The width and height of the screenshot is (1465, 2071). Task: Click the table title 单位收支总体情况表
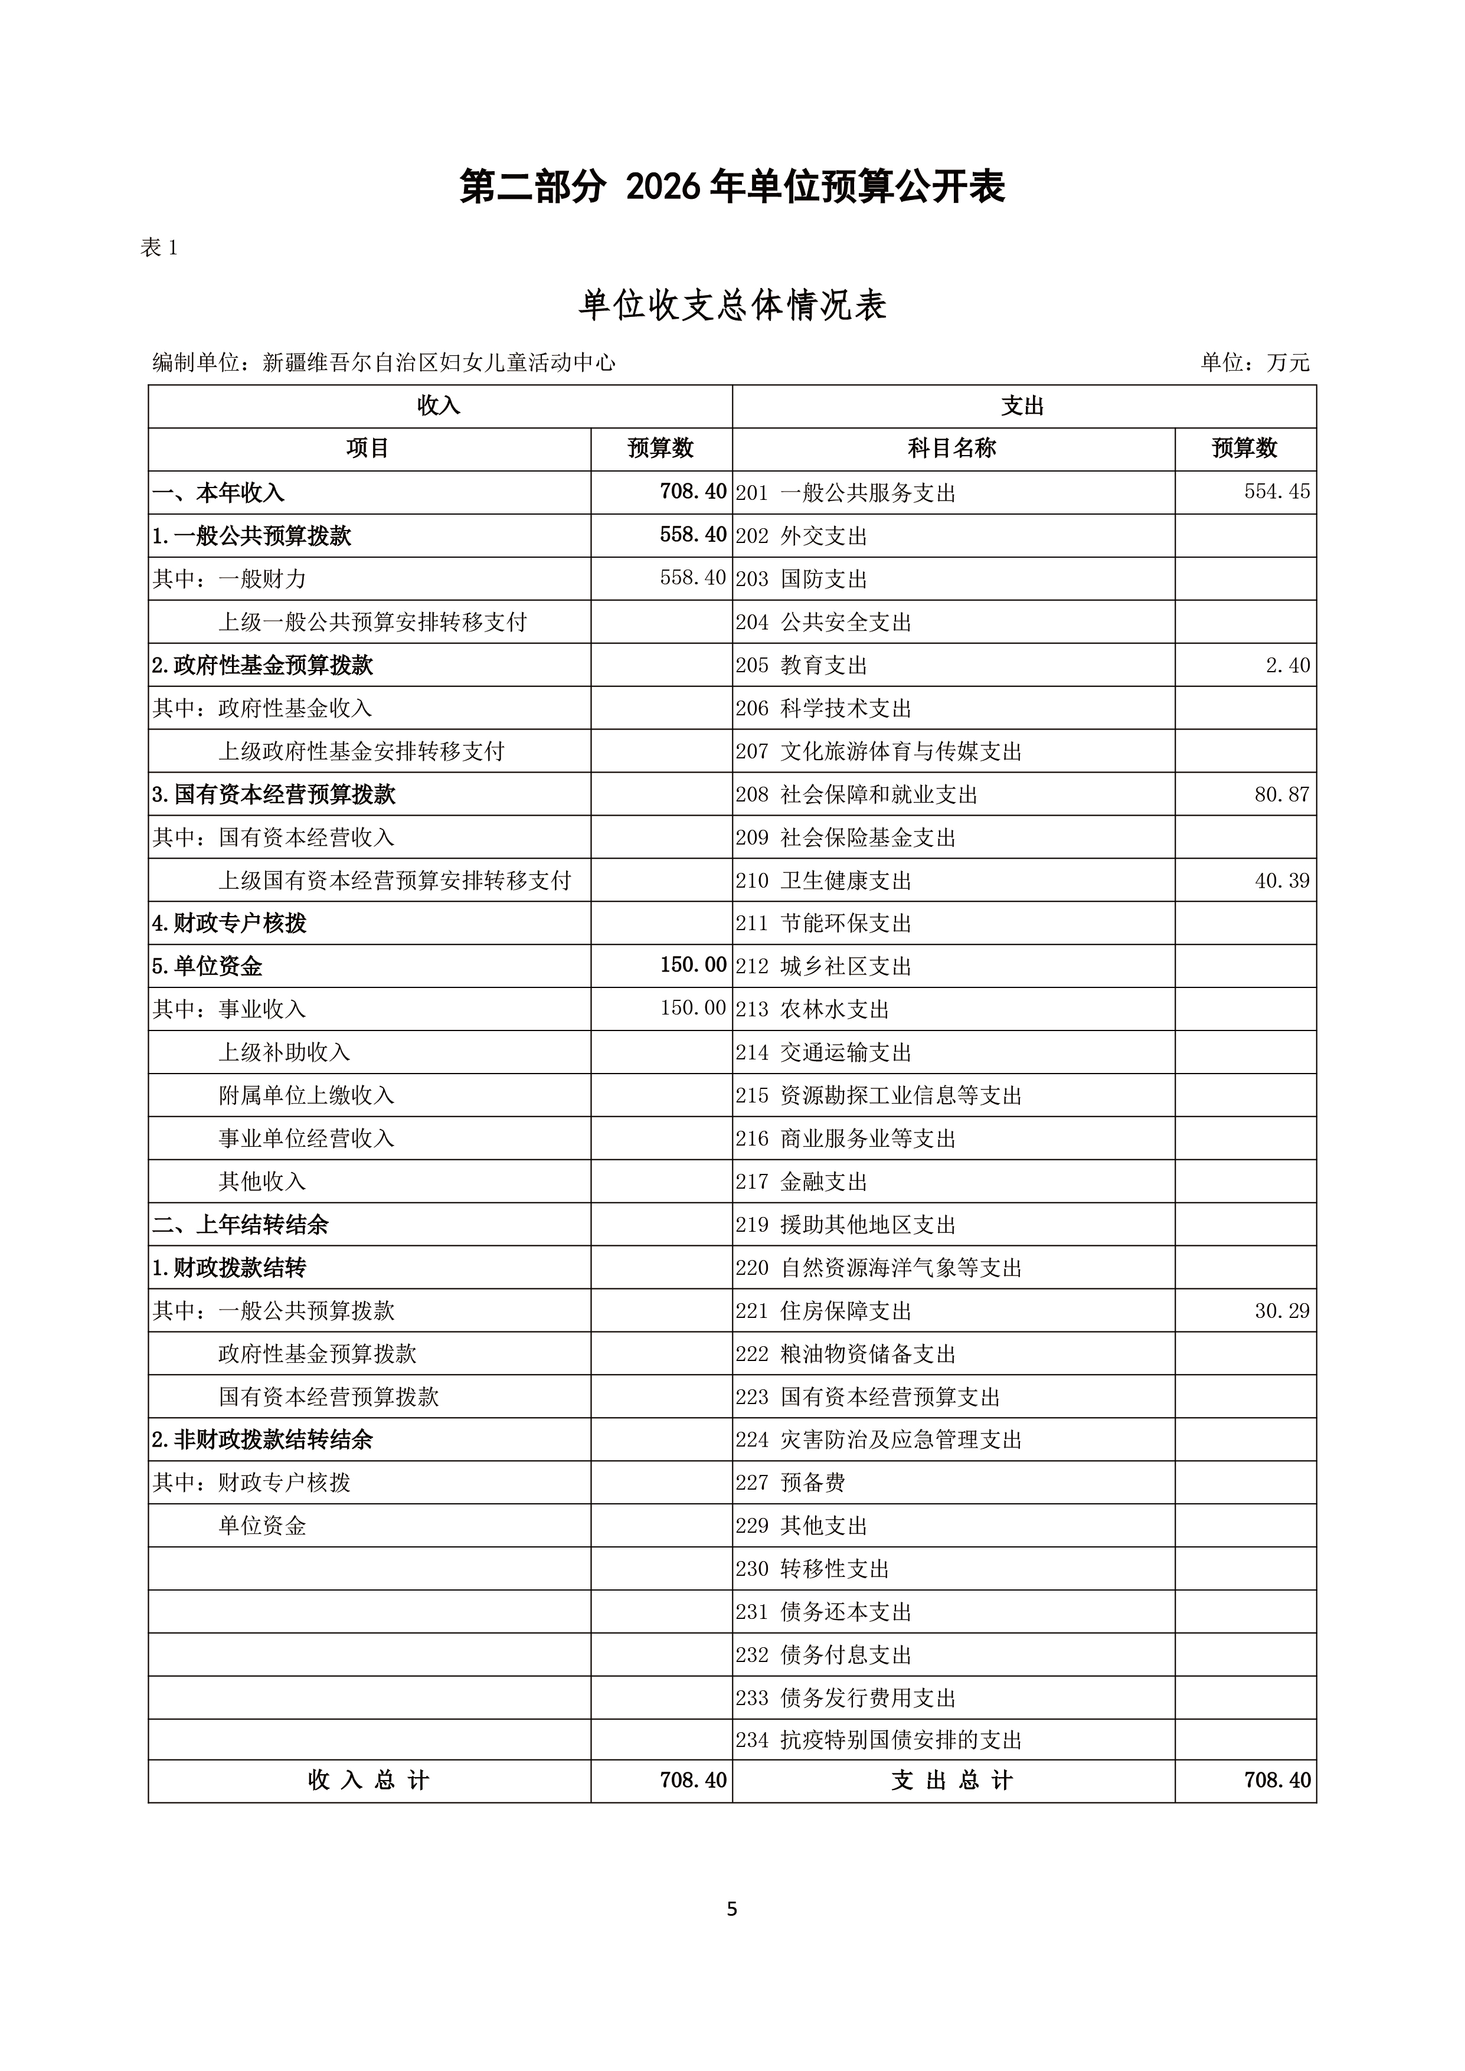coord(731,306)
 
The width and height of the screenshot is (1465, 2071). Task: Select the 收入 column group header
coord(439,406)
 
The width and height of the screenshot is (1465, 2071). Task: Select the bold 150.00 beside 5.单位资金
coord(693,965)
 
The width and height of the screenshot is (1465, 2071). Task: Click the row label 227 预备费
coord(790,1483)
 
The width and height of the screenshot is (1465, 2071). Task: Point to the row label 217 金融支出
coord(801,1182)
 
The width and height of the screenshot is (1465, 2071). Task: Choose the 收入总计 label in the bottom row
coord(368,1781)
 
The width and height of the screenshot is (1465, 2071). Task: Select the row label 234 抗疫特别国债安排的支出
coord(879,1740)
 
